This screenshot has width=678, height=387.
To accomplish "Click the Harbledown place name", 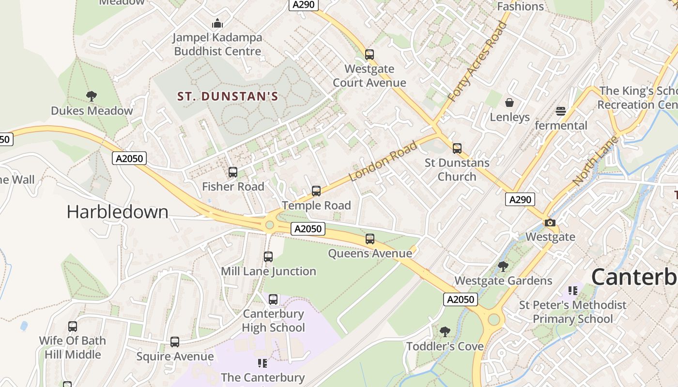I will click(117, 212).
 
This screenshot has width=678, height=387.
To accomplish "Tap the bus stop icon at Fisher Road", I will click(233, 172).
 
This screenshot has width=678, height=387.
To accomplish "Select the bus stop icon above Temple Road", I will click(316, 191).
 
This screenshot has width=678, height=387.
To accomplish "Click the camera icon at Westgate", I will click(550, 223).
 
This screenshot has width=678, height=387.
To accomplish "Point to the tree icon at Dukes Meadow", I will click(91, 96).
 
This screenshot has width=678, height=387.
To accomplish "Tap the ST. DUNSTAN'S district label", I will click(228, 96).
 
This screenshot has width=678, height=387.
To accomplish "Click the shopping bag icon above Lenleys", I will click(509, 103).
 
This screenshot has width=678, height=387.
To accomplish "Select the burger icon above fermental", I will click(561, 111).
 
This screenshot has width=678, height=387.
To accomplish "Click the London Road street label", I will click(383, 161).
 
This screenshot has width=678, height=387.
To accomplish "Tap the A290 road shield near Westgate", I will click(520, 199).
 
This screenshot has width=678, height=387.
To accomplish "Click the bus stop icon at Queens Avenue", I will click(370, 239).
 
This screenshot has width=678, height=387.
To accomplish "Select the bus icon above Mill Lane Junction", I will click(268, 257).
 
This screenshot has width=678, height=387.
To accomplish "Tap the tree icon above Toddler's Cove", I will click(445, 332).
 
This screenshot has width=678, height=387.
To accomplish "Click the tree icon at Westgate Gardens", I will click(503, 266).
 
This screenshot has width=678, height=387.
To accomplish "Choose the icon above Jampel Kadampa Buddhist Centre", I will click(217, 23).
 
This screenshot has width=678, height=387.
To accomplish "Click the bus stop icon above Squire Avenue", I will click(175, 342).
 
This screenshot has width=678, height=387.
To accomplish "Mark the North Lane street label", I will click(595, 161).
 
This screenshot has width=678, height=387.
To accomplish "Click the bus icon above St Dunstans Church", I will click(457, 149).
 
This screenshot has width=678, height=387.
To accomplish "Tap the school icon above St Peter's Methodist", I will click(573, 291).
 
